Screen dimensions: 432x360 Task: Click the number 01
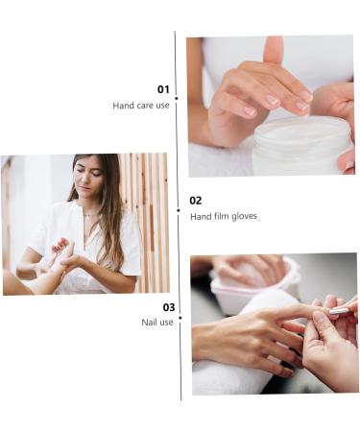click(x=163, y=89)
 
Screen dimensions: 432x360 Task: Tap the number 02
click(x=195, y=201)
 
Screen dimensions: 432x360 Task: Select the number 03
click(x=168, y=307)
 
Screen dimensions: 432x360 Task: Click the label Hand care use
click(x=140, y=106)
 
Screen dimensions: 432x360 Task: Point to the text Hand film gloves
click(x=223, y=217)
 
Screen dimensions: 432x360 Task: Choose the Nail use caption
click(x=157, y=323)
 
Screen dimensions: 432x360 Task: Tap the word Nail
click(x=149, y=323)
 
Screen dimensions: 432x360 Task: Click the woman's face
click(x=90, y=180)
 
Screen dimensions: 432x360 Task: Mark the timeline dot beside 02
click(x=178, y=209)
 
